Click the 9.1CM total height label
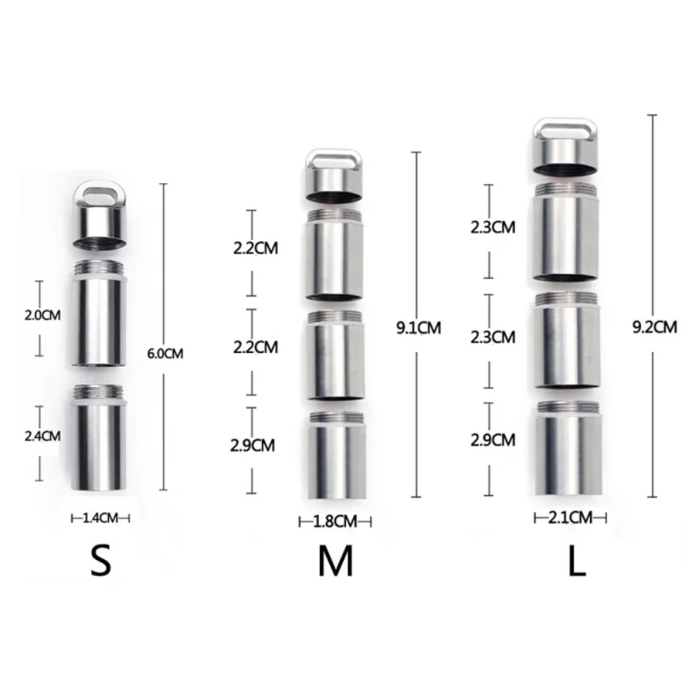419,326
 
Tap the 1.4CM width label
101,517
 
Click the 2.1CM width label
569,516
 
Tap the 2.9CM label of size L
493,440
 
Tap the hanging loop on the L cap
569,131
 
